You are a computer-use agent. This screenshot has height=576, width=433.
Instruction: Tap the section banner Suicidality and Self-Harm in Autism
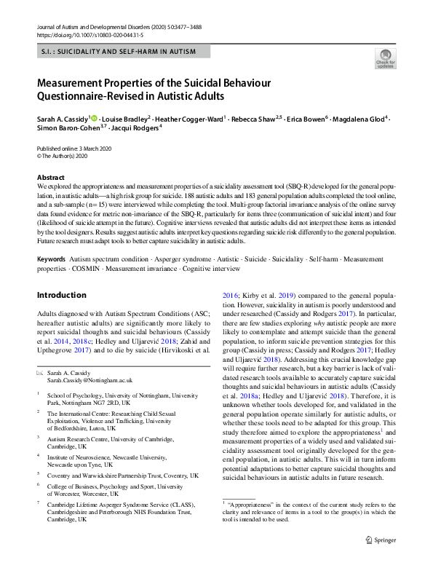click(x=123, y=52)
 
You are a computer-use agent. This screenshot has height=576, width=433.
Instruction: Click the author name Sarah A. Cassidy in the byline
click(x=62, y=117)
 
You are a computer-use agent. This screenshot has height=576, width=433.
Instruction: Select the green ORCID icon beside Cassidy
click(x=94, y=117)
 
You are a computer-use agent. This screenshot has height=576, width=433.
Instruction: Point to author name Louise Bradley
click(x=124, y=117)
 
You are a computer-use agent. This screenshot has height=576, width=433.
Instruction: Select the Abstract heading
click(x=51, y=178)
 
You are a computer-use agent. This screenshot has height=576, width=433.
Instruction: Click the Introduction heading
click(x=62, y=295)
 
